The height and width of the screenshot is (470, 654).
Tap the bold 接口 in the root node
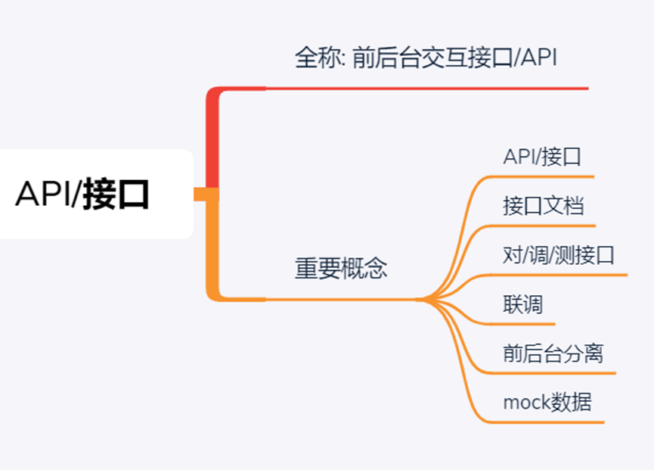tap(116, 195)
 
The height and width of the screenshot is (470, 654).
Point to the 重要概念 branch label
tap(340, 269)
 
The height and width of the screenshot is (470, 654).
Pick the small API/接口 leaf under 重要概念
tap(542, 157)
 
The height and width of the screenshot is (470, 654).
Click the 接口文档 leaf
tap(543, 206)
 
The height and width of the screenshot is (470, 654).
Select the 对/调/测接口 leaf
tap(559, 255)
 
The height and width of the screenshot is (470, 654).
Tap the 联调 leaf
tap(522, 304)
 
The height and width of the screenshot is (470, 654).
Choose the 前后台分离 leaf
tap(553, 353)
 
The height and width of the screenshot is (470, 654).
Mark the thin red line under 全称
tap(423, 89)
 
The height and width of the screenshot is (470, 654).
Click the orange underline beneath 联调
tap(529, 324)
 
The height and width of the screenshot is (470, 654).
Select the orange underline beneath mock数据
tap(552, 422)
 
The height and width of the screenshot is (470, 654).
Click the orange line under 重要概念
tap(340, 300)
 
